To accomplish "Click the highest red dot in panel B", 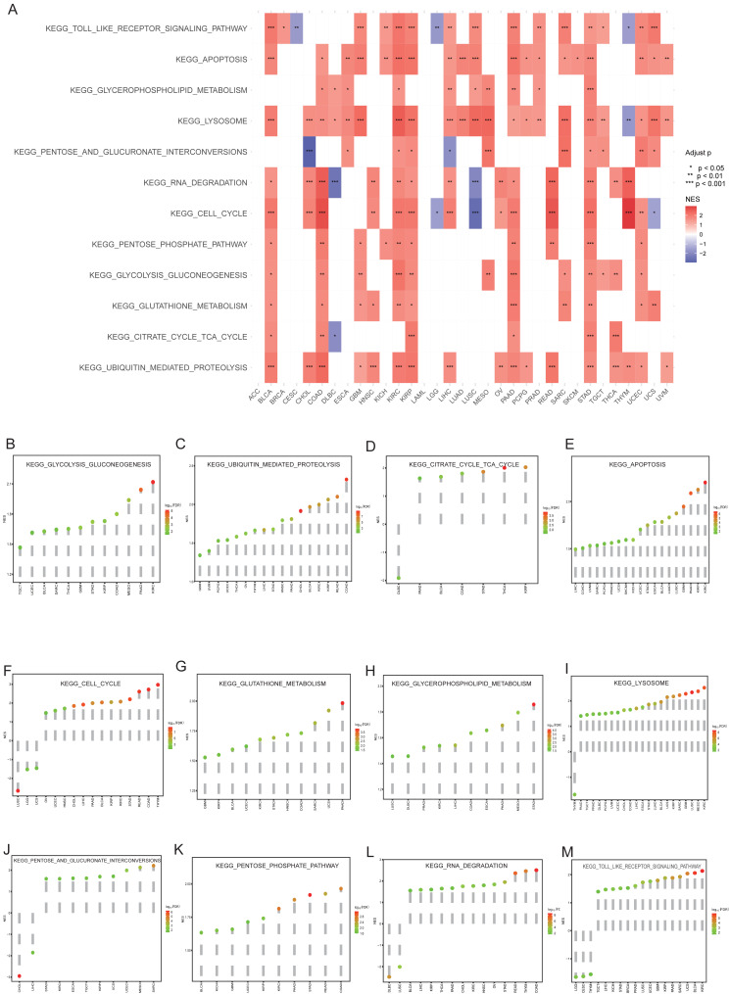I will [152, 483].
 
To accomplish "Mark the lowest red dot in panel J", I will [19, 976].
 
